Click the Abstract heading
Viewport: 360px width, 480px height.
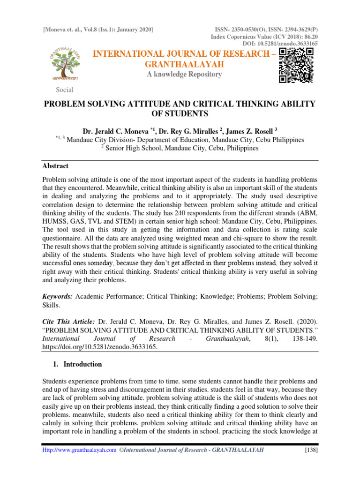point(55,166)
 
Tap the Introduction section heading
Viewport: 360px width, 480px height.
point(82,364)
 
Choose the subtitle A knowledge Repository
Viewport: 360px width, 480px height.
point(184,75)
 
